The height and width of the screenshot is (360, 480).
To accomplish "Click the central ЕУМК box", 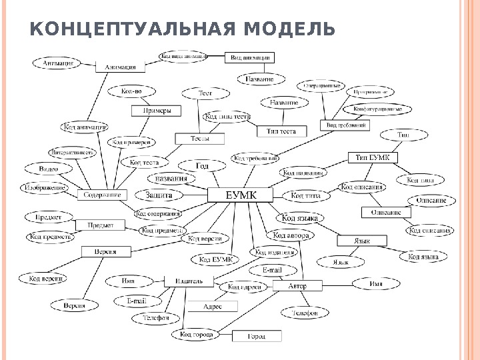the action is (241, 195).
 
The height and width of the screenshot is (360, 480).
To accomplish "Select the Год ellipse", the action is (202, 165).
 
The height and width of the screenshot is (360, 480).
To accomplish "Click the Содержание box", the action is (102, 195).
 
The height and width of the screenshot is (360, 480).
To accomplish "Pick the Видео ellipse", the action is (48, 169).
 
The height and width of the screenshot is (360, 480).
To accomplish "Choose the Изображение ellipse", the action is (45, 187).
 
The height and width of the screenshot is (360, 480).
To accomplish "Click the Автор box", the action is (297, 285).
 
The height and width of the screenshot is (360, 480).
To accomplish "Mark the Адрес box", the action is (212, 306).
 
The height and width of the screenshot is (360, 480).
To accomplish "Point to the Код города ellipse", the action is (195, 333).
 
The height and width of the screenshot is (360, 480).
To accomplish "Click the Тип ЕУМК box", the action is (373, 157).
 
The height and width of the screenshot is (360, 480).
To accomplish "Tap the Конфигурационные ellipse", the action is (377, 108).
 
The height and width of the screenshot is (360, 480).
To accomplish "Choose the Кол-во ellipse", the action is (131, 90).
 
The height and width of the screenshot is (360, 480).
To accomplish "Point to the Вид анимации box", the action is (250, 58).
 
